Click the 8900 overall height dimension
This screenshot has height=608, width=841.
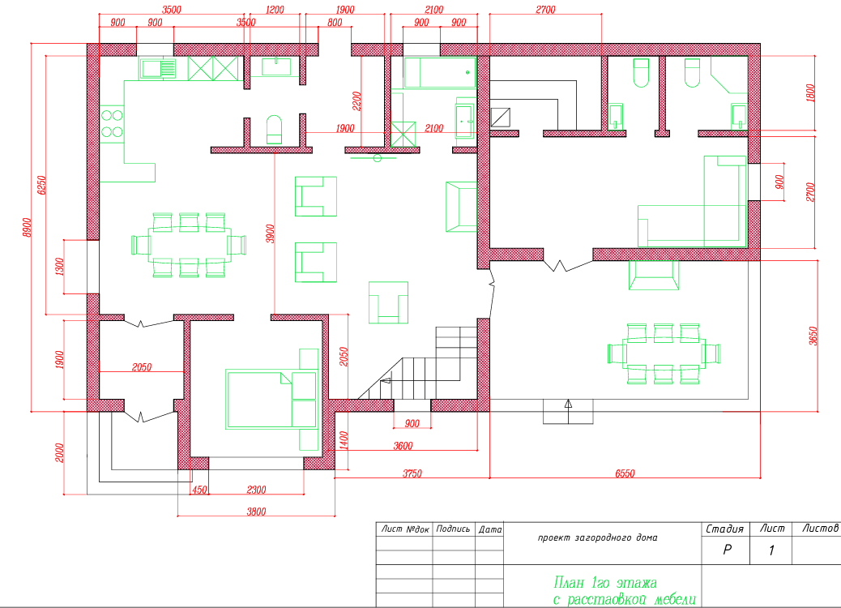(x=27, y=227)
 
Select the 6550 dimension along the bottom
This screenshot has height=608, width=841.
(x=625, y=473)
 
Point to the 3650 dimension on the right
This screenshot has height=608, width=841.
(x=813, y=336)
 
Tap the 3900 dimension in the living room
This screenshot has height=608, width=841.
(x=271, y=233)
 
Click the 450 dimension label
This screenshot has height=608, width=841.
(x=199, y=490)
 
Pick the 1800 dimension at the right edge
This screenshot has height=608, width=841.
(x=810, y=93)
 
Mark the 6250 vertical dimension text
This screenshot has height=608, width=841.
(x=41, y=185)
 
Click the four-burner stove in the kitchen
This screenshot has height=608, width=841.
(x=112, y=124)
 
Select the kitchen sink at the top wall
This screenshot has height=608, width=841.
(x=157, y=69)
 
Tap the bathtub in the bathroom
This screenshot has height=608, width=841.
(x=440, y=72)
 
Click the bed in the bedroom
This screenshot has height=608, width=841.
(x=271, y=400)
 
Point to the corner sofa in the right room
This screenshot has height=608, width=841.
(x=693, y=202)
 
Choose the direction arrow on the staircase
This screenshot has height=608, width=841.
(x=385, y=381)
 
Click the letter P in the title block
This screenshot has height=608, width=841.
(x=727, y=550)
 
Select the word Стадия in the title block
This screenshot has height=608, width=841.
(x=724, y=529)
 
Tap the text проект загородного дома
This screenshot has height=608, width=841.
(x=597, y=537)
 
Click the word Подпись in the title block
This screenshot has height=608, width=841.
(x=453, y=529)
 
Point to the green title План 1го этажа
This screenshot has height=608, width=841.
(x=605, y=583)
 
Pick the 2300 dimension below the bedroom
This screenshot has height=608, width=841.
(x=256, y=490)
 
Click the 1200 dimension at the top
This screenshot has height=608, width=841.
(x=275, y=10)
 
